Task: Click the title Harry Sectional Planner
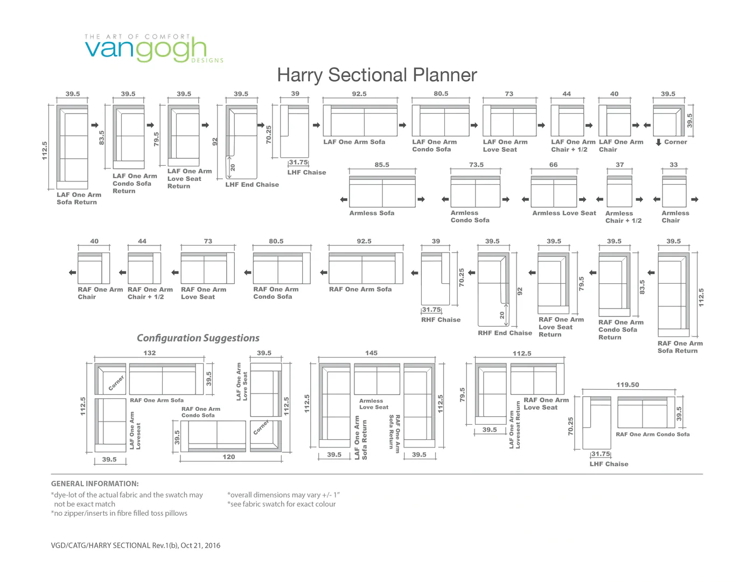tap(377, 75)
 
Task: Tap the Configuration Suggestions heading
tap(198, 338)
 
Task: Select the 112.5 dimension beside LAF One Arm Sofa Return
tap(44, 151)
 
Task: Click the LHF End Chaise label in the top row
tap(252, 185)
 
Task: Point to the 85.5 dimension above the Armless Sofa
tap(382, 165)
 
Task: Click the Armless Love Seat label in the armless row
tap(564, 213)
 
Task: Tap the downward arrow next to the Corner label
tap(658, 142)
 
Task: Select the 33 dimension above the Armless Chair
tap(674, 165)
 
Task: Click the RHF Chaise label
tap(441, 320)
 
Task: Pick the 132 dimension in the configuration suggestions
tap(150, 353)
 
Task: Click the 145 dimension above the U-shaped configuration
tap(371, 353)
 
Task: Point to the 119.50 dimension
tap(627, 384)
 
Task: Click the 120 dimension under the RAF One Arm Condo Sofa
tap(229, 457)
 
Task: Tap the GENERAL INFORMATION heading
tap(95, 483)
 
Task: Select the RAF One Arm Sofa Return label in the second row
tap(680, 347)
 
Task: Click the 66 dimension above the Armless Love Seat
tap(554, 165)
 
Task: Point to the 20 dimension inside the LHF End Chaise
tap(233, 168)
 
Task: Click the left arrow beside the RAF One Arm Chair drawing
tap(72, 272)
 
